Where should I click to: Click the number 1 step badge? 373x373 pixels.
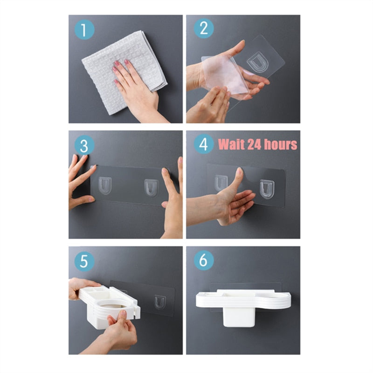click(84, 30)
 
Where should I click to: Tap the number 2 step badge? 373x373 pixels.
click(204, 28)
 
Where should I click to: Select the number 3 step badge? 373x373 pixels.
click(84, 145)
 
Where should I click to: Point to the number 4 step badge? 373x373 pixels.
click(204, 144)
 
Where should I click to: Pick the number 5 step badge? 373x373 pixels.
click(84, 261)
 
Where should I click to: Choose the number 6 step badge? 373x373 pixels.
click(204, 260)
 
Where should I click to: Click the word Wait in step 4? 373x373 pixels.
click(231, 144)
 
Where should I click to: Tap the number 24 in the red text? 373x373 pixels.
click(254, 144)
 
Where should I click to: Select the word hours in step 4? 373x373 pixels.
click(281, 144)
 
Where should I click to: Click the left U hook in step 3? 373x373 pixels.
click(105, 186)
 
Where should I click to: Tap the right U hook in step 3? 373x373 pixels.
click(152, 188)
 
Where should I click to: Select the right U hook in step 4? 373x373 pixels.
click(267, 189)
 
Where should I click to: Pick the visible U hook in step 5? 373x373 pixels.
click(160, 302)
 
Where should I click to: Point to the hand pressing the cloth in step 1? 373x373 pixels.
click(136, 90)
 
